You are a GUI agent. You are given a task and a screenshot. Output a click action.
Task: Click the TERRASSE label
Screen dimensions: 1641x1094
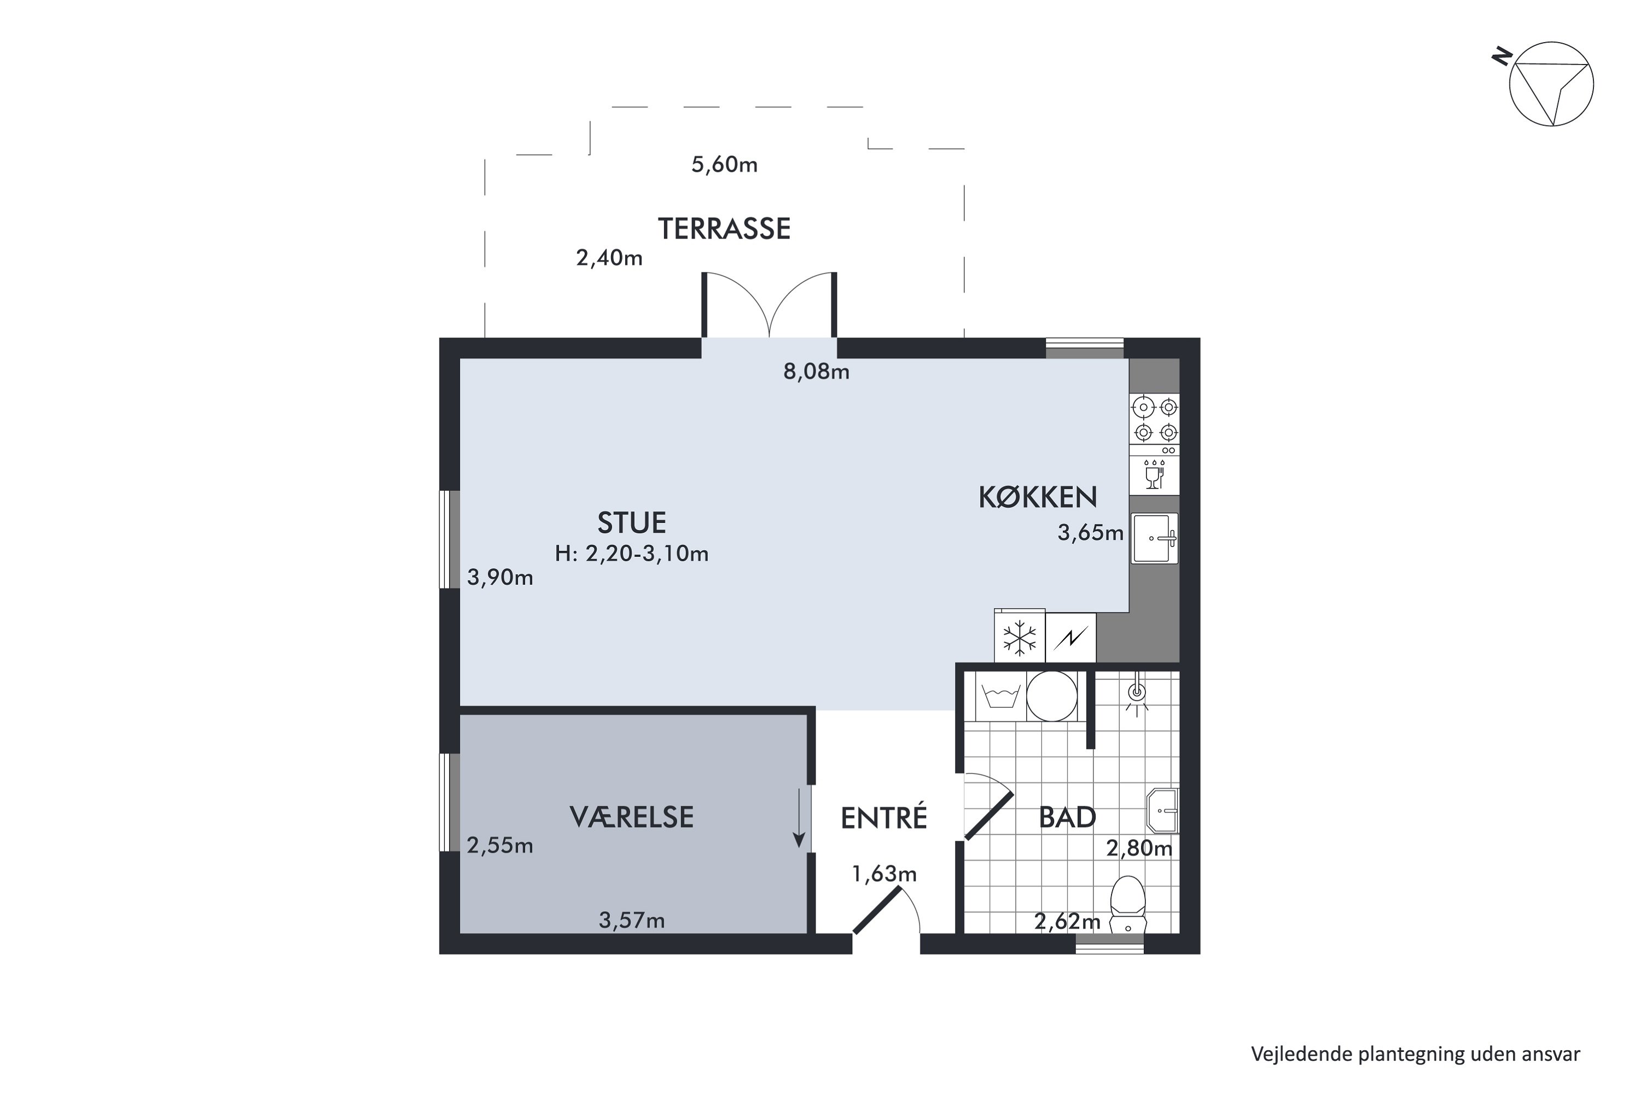click(724, 229)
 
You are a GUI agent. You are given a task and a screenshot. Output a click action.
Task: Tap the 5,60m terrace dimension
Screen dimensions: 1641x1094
click(724, 165)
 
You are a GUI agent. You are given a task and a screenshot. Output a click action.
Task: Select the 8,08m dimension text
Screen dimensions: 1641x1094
click(816, 372)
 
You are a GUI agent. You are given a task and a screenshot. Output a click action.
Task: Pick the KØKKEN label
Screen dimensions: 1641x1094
click(1038, 497)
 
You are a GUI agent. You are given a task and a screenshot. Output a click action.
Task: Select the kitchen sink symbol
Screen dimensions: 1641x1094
click(1155, 538)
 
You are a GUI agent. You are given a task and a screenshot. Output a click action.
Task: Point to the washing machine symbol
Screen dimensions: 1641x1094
click(1001, 696)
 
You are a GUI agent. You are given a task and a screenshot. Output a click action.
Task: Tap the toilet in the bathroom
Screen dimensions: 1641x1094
click(1128, 905)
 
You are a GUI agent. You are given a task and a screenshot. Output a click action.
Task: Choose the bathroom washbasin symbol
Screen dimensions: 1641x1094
click(1162, 811)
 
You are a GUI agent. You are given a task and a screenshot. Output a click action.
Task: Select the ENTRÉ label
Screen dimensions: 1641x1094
click(884, 818)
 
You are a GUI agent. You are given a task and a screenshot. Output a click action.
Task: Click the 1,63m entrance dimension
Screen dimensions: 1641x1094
click(884, 874)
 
